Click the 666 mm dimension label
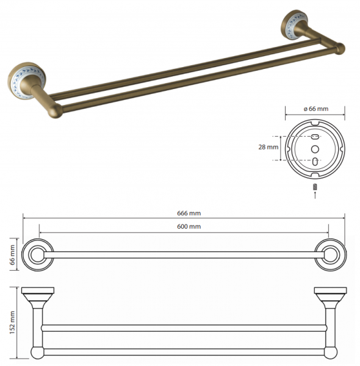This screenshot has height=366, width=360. pyautogui.click(x=189, y=213)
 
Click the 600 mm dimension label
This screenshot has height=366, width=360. pyautogui.click(x=189, y=226)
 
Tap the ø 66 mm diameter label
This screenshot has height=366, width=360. pyautogui.click(x=316, y=109)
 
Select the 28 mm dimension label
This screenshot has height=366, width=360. pyautogui.click(x=268, y=147)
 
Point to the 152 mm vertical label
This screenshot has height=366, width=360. pyautogui.click(x=12, y=322)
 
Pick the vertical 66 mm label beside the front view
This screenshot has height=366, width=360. pyautogui.click(x=12, y=254)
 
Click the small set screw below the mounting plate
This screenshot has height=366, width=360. pyautogui.click(x=315, y=187)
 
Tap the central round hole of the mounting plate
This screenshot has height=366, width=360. pyautogui.click(x=315, y=149)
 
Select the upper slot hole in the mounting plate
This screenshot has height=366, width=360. pyautogui.click(x=315, y=137)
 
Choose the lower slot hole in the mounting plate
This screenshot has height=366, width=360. pyautogui.click(x=315, y=162)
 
